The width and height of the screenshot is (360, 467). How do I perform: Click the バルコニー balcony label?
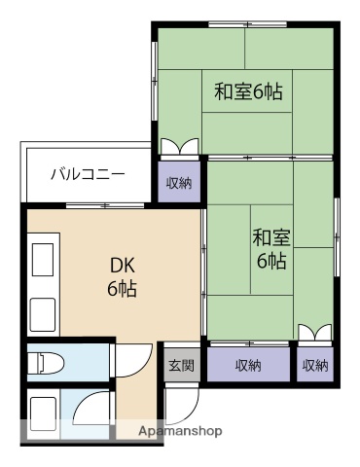88,175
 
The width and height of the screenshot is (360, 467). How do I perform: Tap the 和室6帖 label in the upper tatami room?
248,92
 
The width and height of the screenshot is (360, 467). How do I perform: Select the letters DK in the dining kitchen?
122,265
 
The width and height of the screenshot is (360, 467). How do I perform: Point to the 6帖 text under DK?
122,289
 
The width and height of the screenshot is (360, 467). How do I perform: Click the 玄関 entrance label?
180,366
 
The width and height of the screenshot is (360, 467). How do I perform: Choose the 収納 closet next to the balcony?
179,182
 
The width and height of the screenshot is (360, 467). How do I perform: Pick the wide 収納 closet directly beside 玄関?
248,366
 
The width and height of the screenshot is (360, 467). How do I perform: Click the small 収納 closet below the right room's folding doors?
314,366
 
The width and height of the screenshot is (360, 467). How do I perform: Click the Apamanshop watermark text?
181,430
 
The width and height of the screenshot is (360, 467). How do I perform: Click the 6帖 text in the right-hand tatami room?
271,261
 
